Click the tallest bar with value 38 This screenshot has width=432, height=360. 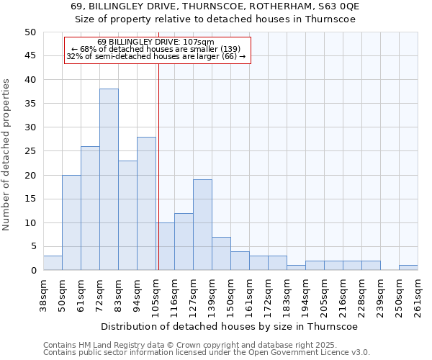coord(109,179)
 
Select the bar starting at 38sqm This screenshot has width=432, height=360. coord(53,263)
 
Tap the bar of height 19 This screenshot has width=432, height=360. coord(202,225)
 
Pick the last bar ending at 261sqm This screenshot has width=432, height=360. coord(408,268)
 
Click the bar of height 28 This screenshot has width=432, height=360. coord(146,203)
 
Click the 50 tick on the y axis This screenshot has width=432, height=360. coord(30,32)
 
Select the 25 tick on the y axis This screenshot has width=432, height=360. coord(30,151)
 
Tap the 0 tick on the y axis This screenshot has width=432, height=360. coord(33,271)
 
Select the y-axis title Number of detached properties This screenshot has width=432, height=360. coord(7,156)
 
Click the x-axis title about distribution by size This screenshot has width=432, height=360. coord(230,326)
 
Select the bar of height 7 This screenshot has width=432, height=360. coord(221,253)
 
